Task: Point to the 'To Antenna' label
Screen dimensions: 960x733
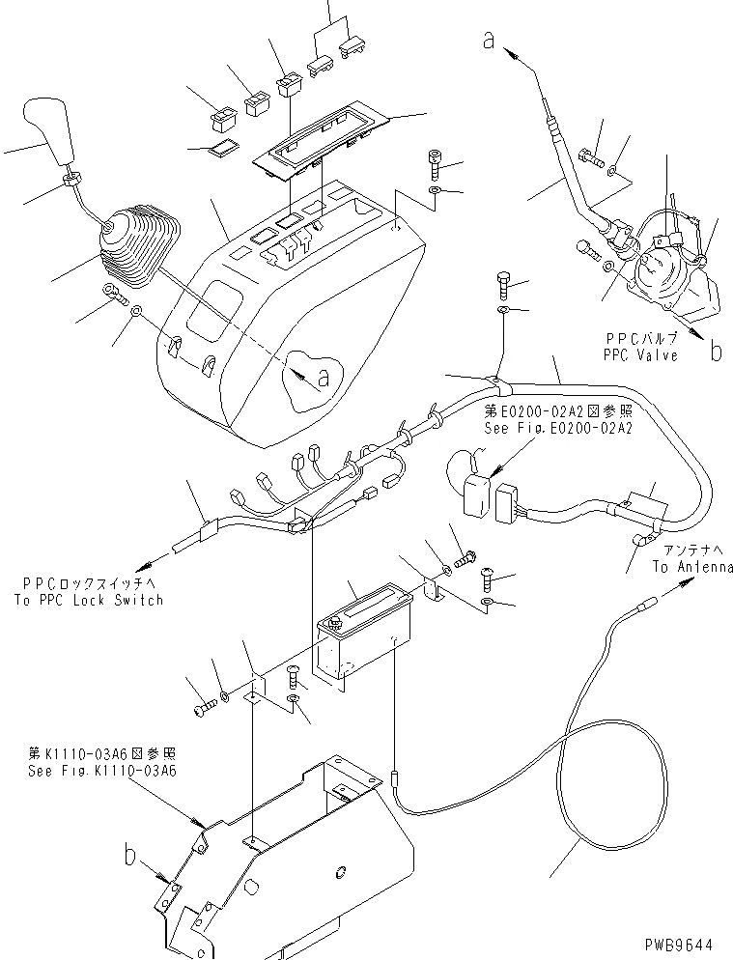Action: (x=691, y=567)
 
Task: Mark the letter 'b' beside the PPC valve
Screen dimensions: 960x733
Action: (x=716, y=351)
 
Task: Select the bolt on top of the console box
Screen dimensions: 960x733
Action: (x=433, y=166)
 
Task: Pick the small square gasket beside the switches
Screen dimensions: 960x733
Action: (x=226, y=148)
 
